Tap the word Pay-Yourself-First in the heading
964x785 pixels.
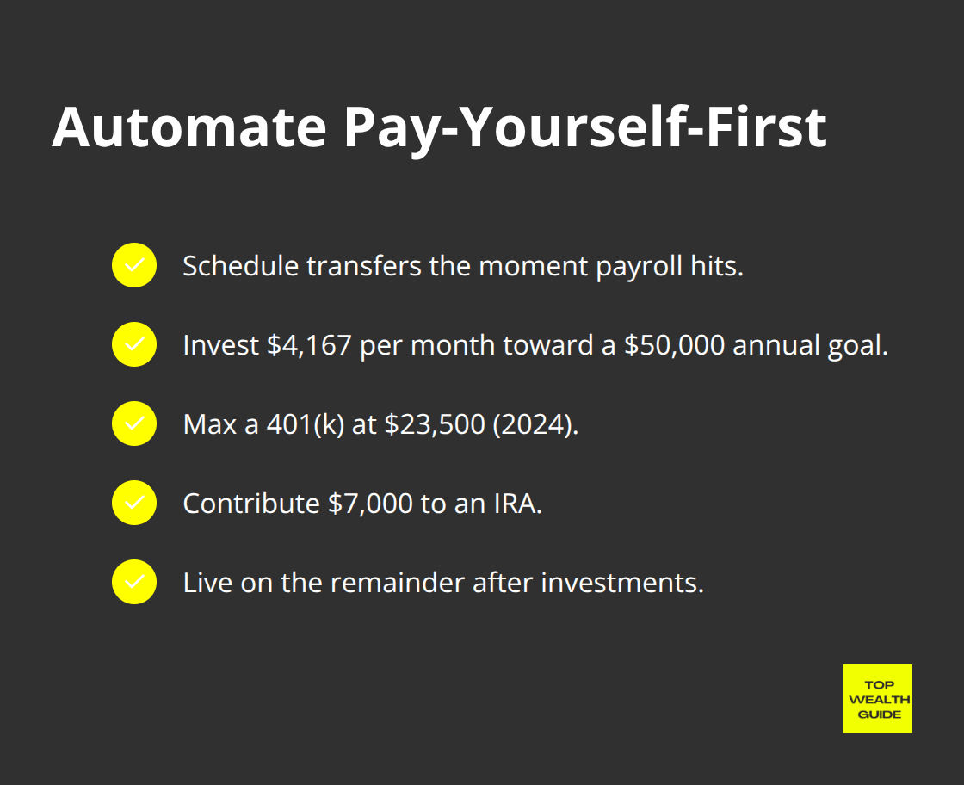(x=584, y=128)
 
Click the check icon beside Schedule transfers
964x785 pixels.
(x=134, y=265)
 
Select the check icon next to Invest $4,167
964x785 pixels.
(x=134, y=344)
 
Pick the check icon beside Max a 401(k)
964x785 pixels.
(x=134, y=423)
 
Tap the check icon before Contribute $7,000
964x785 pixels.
(x=134, y=503)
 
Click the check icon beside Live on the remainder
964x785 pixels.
(x=134, y=582)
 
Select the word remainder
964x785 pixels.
(x=399, y=583)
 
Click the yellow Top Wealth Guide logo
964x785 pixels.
(x=877, y=698)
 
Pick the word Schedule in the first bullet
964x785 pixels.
(x=241, y=266)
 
